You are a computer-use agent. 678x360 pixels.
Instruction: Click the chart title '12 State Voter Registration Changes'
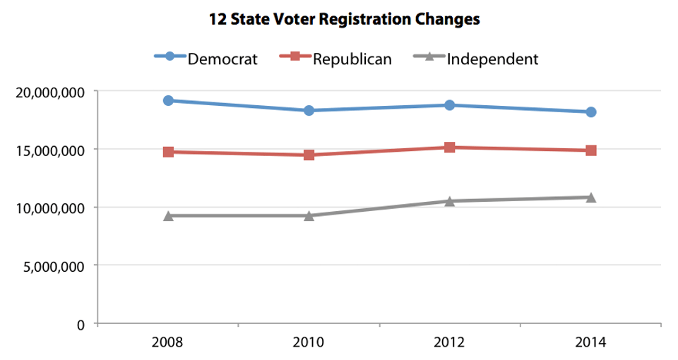pos(344,20)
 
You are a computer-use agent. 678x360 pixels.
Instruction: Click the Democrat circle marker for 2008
pos(168,100)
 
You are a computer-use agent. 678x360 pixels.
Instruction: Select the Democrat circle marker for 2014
pos(591,112)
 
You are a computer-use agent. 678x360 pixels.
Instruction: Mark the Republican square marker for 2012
pos(450,148)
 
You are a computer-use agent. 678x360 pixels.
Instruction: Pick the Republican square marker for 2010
pos(309,155)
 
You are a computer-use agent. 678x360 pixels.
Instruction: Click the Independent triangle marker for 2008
pos(168,215)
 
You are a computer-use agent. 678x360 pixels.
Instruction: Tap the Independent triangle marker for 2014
pos(591,197)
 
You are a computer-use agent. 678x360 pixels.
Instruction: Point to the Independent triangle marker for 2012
pos(450,200)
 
